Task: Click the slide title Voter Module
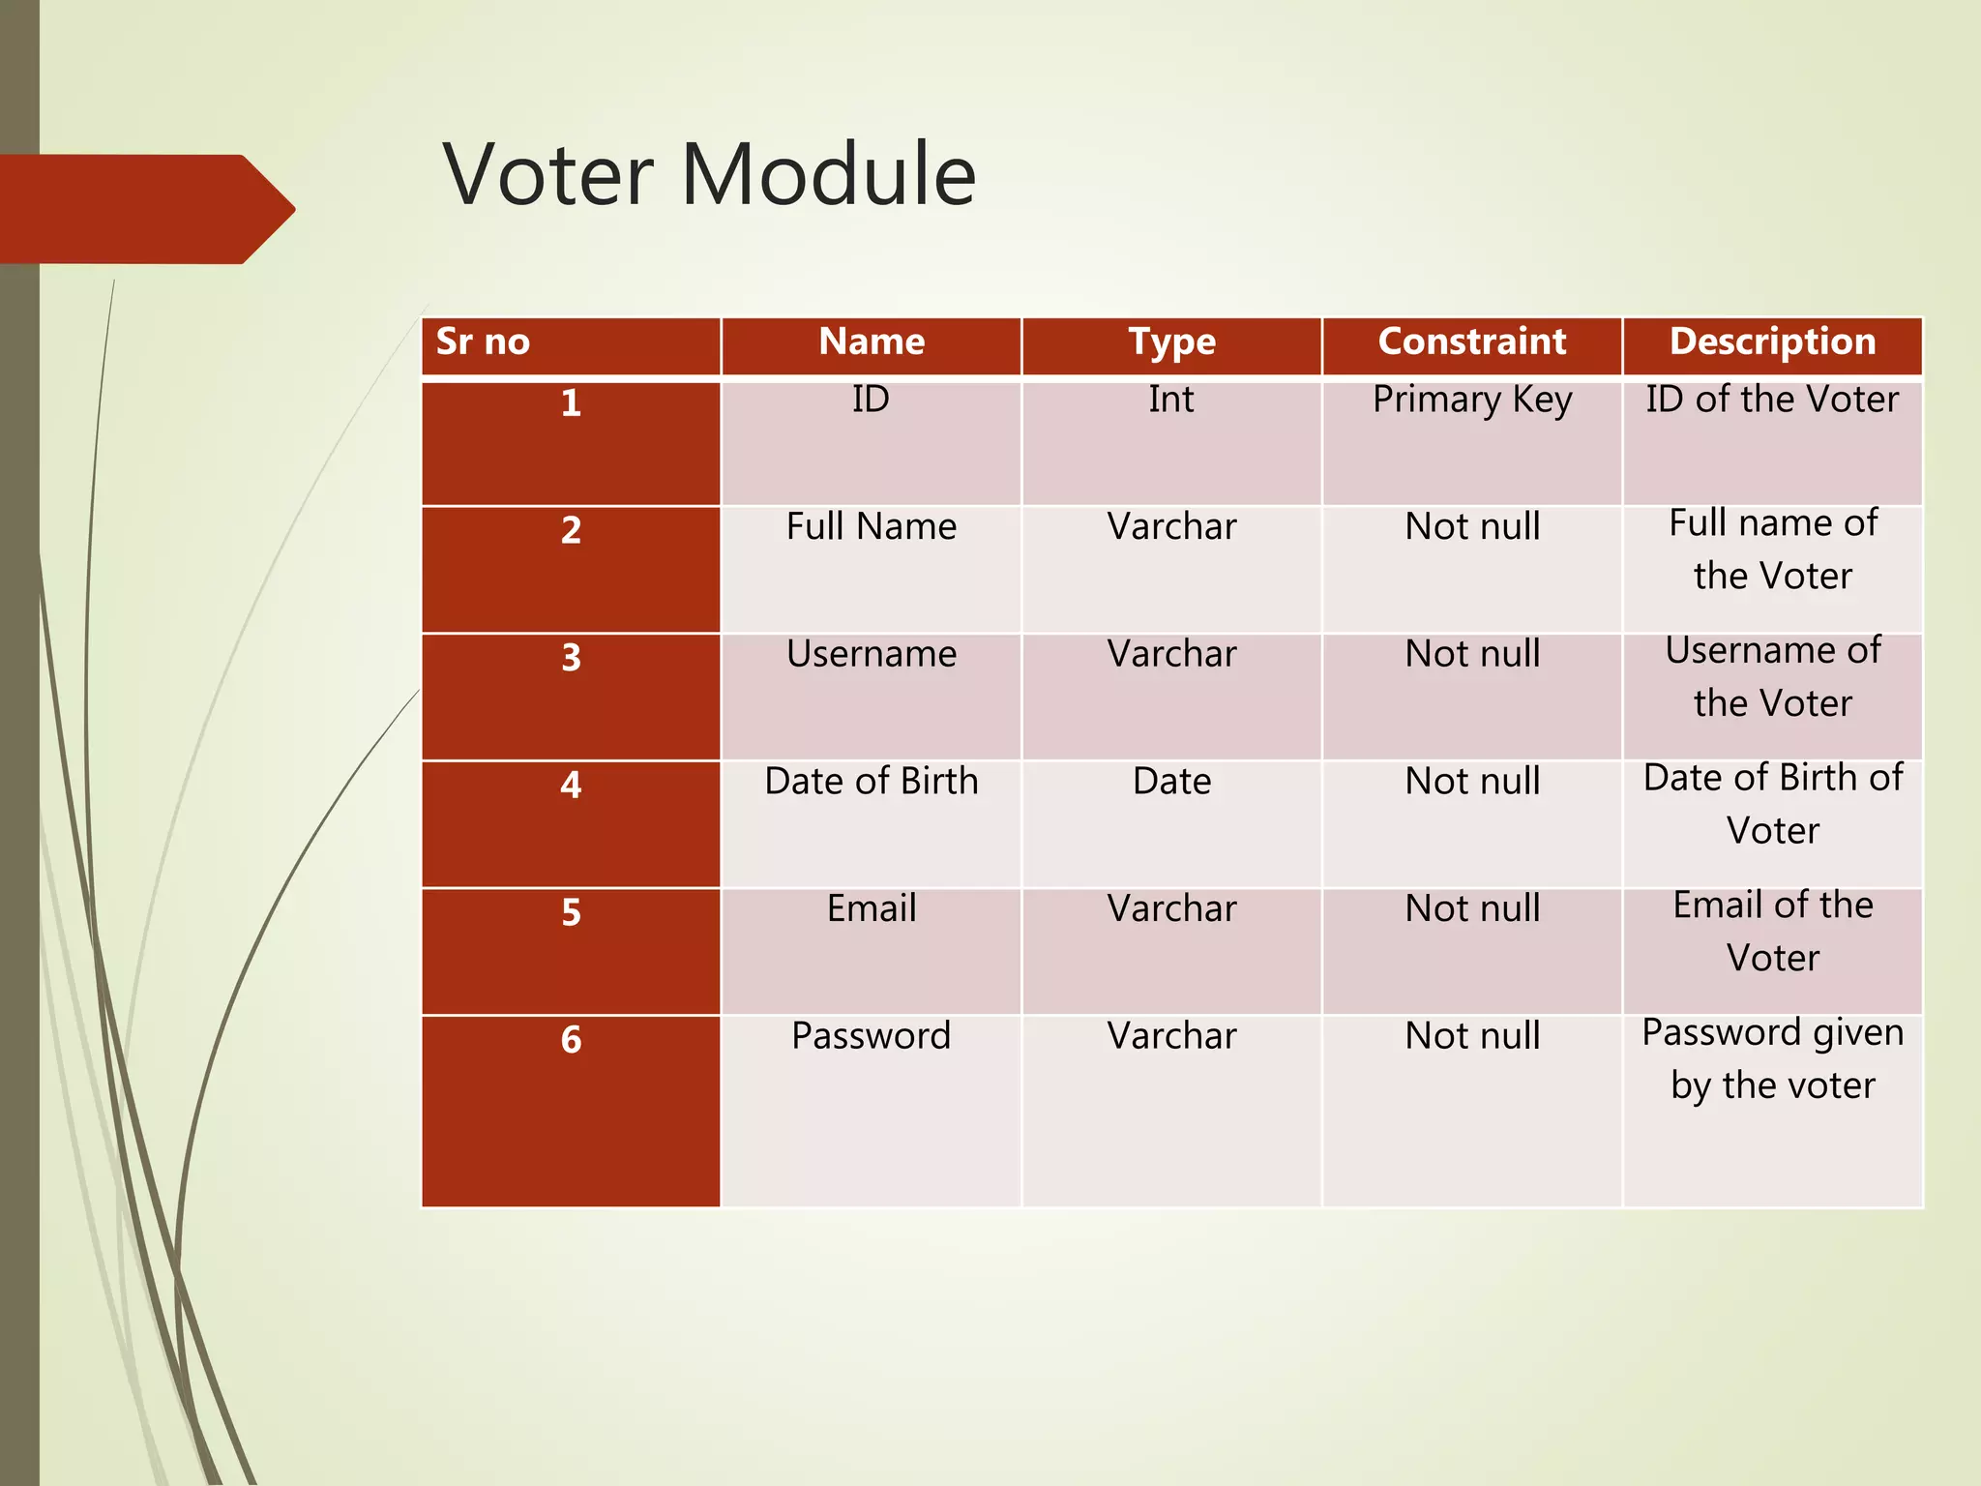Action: pyautogui.click(x=709, y=174)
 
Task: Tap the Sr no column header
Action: pyautogui.click(x=483, y=342)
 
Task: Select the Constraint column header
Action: pyautogui.click(x=1471, y=342)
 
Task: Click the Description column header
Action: pyautogui.click(x=1772, y=342)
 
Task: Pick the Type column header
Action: pyautogui.click(x=1171, y=342)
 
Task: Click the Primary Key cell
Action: pyautogui.click(x=1471, y=400)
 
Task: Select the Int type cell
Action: pyautogui.click(x=1171, y=400)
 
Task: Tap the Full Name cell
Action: pyautogui.click(x=871, y=527)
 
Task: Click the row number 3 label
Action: pyautogui.click(x=571, y=658)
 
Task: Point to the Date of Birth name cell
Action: pyautogui.click(x=871, y=782)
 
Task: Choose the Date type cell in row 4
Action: pyautogui.click(x=1171, y=782)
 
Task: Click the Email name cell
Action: pyautogui.click(x=871, y=908)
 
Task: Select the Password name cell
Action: pyautogui.click(x=871, y=1036)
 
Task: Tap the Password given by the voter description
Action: pyautogui.click(x=1772, y=1059)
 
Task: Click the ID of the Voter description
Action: pyautogui.click(x=1772, y=400)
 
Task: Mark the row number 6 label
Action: pyautogui.click(x=571, y=1040)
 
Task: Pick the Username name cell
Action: pyautogui.click(x=871, y=654)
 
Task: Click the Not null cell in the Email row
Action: pyautogui.click(x=1471, y=908)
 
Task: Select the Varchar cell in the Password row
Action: pyautogui.click(x=1171, y=1036)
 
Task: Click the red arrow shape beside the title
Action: pyautogui.click(x=145, y=209)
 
